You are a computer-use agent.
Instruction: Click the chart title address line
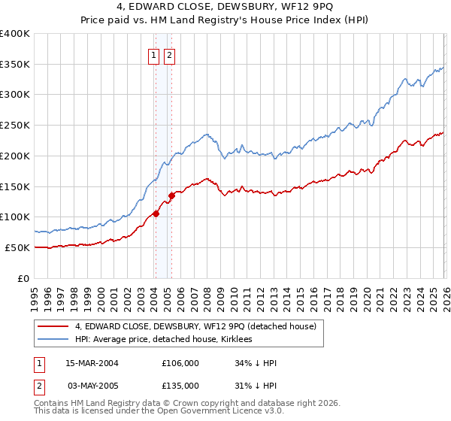pyautogui.click(x=225, y=8)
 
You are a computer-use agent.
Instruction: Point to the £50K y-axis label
pyautogui.click(x=17, y=247)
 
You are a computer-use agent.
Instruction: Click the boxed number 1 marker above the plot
pyautogui.click(x=153, y=55)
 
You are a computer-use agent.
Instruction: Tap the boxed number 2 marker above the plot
pyautogui.click(x=169, y=55)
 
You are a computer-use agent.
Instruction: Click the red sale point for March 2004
pyautogui.click(x=156, y=214)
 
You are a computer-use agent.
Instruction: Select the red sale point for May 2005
pyautogui.click(x=171, y=195)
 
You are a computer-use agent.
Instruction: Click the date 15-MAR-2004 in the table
pyautogui.click(x=92, y=363)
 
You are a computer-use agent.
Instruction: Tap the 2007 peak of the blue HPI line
pyautogui.click(x=207, y=135)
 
